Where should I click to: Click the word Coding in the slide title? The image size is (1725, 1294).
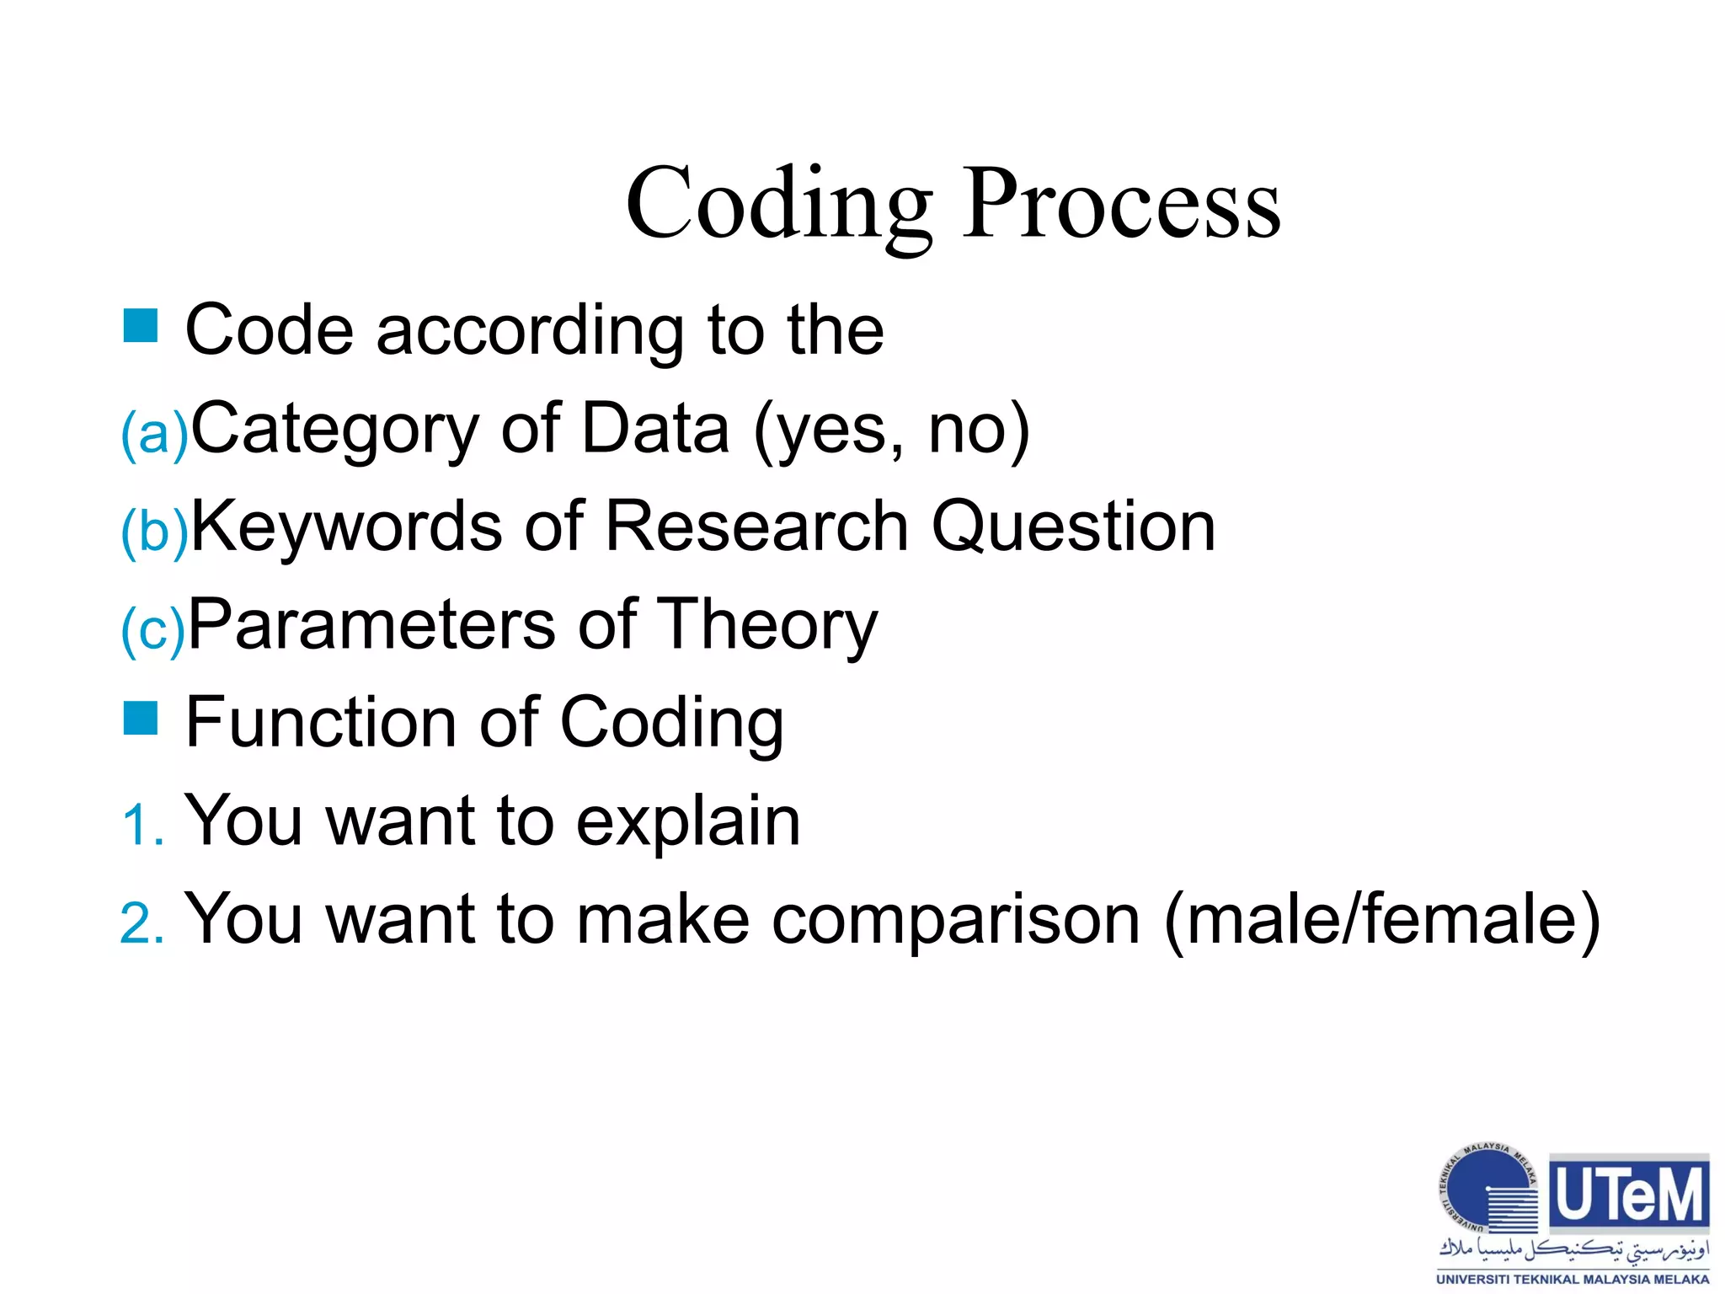tap(779, 205)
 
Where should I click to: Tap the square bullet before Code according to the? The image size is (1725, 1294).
tap(141, 326)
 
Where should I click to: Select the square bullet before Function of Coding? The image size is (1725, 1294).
tap(141, 719)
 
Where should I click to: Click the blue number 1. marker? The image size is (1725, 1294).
tap(142, 824)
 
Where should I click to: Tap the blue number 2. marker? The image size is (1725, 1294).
tap(142, 922)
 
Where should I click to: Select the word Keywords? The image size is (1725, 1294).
tap(346, 527)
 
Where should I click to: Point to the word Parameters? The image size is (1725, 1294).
tap(371, 625)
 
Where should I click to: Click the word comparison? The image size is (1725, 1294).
tap(955, 920)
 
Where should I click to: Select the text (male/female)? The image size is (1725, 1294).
tap(1381, 920)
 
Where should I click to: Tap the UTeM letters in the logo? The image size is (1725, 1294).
tap(1629, 1195)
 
